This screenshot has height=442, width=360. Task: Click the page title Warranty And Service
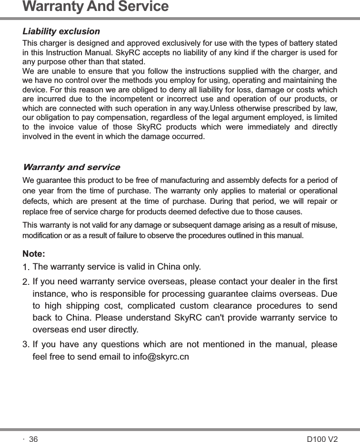pyautogui.click(x=96, y=7)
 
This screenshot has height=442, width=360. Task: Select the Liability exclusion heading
pyautogui.click(x=61, y=31)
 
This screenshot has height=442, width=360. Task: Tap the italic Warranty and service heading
pyautogui.click(x=71, y=167)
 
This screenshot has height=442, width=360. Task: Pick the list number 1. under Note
pyautogui.click(x=27, y=266)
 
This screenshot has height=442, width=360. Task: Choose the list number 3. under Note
pyautogui.click(x=26, y=344)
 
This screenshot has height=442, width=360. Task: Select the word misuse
pyautogui.click(x=325, y=225)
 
